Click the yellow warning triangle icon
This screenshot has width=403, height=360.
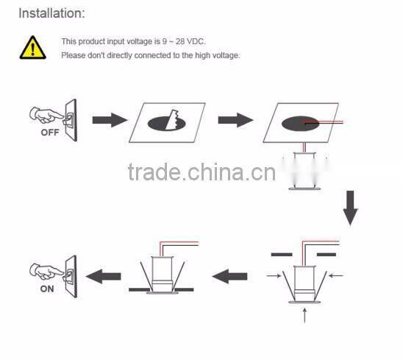[33, 48]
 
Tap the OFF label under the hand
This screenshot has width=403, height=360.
[50, 133]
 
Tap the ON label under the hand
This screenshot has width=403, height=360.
[47, 289]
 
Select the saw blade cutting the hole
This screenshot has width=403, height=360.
[172, 120]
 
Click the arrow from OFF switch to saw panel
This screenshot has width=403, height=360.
[110, 120]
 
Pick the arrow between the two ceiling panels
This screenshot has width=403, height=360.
[235, 120]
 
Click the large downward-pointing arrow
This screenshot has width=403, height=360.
[351, 208]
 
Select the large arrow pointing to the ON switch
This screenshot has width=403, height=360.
[103, 276]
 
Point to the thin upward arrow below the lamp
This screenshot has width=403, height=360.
[304, 316]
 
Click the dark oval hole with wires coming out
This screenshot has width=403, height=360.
[300, 124]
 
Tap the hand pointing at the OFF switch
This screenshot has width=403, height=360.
[46, 116]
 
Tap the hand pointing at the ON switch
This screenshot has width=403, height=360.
[46, 272]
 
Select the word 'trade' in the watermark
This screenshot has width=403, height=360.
[154, 172]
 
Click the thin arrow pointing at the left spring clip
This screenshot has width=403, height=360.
[274, 276]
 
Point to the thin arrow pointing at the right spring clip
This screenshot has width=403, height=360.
[336, 276]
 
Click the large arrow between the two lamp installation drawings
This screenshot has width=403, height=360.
[229, 276]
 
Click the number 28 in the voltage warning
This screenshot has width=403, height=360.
[180, 41]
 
